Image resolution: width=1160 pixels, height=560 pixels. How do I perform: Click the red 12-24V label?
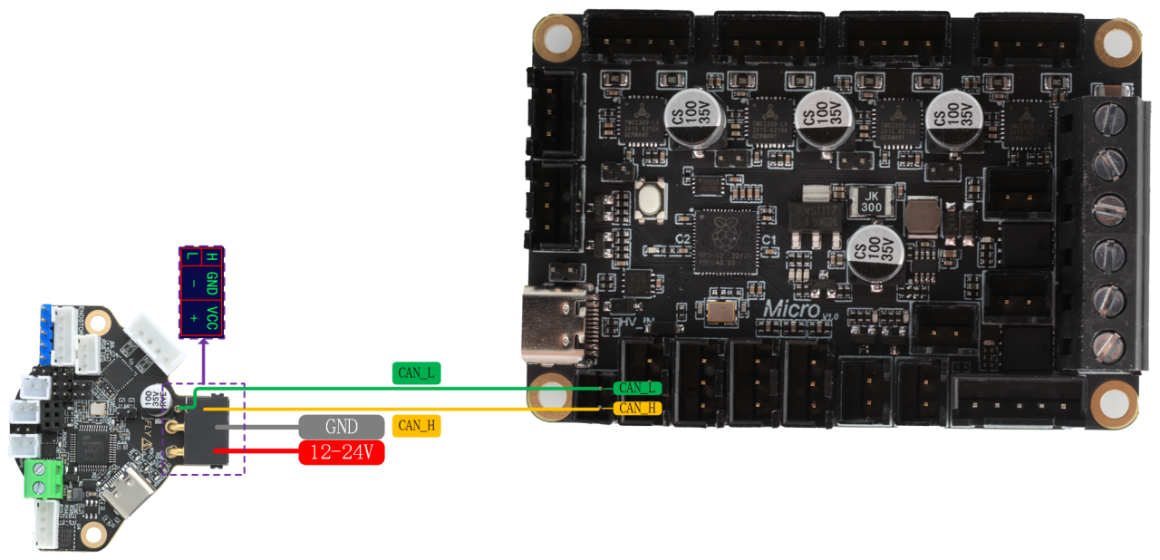pos(342,452)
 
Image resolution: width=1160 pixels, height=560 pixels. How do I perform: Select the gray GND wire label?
pos(342,426)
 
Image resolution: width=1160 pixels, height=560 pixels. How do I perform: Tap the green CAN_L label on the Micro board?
pos(637,388)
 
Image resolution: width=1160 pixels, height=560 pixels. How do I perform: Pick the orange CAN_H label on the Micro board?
pos(637,408)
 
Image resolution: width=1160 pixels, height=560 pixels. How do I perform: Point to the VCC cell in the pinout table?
pos(212,318)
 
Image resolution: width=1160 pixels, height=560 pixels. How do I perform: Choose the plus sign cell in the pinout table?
pos(191,318)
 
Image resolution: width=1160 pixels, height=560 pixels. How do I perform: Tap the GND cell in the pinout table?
pos(212,283)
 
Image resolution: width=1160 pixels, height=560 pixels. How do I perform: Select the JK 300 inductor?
pos(871,201)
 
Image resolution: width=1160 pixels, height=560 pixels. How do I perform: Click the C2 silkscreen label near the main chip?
pos(682,238)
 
